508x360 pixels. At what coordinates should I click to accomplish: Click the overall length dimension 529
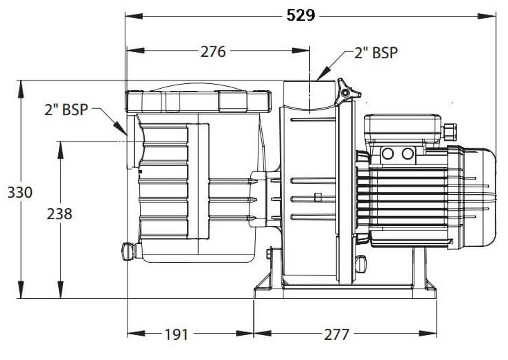point(301,15)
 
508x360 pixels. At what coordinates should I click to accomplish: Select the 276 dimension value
point(213,51)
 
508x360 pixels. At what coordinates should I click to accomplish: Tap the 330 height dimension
point(20,193)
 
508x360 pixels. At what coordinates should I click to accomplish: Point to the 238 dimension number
point(60,214)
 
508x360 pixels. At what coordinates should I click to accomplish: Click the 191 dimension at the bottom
point(176,334)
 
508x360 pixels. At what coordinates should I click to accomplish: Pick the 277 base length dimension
point(337,334)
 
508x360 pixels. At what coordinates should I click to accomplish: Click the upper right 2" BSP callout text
point(376,53)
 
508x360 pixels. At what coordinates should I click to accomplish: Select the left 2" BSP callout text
point(66,110)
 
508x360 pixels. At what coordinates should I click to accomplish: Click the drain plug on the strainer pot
point(128,250)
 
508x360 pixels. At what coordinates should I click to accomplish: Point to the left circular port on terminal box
point(388,153)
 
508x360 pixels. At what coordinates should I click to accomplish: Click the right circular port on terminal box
point(408,153)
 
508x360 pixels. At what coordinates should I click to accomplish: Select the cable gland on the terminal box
point(449,130)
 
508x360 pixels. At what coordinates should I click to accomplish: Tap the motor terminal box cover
point(403,130)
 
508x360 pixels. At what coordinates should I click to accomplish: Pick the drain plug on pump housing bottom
point(360,264)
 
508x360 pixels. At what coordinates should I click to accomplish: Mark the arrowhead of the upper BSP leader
point(324,74)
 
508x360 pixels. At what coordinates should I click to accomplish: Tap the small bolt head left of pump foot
point(269,253)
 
